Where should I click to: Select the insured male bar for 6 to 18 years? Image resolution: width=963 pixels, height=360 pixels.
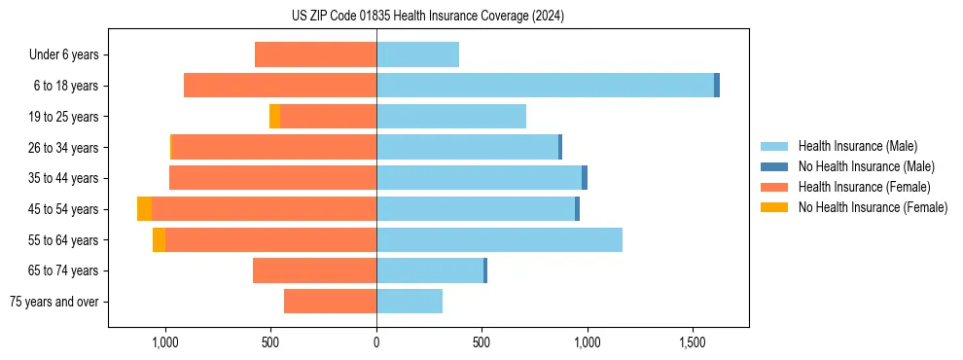tap(545, 86)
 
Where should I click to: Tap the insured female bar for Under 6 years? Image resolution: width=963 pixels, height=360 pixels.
tap(316, 54)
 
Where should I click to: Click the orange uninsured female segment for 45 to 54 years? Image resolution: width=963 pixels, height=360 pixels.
tap(144, 209)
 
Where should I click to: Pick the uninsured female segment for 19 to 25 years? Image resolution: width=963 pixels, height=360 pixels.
tap(274, 117)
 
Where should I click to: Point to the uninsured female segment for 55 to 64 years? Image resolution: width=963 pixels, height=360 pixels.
tap(159, 240)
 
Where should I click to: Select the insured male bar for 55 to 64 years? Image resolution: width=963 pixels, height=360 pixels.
tap(499, 240)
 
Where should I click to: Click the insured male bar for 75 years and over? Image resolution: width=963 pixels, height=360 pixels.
tap(410, 302)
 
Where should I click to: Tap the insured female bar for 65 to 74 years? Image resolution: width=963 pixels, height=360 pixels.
tap(314, 270)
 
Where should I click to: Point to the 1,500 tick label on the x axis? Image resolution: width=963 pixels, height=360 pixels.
tap(693, 343)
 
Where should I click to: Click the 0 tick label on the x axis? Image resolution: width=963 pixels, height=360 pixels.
tap(376, 343)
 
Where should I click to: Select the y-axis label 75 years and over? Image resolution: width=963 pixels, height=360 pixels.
tap(54, 302)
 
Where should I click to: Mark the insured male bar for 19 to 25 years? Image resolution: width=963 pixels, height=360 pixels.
tap(451, 117)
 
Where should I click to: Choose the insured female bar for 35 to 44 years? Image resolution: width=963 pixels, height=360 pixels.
tap(272, 178)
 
